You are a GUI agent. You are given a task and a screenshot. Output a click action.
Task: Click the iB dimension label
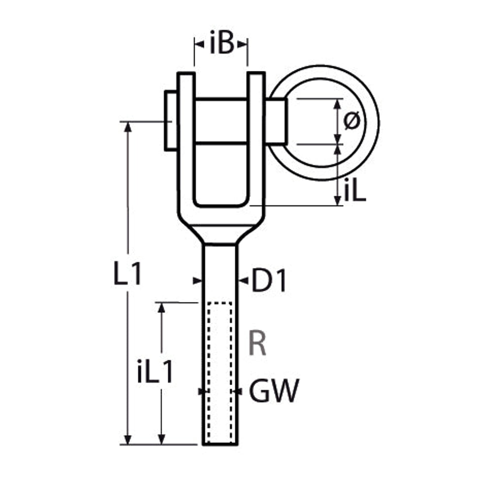[x=221, y=42]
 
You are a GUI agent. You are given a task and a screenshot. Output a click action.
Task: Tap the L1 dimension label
[x=128, y=274]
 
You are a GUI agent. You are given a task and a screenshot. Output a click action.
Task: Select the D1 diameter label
[x=269, y=281]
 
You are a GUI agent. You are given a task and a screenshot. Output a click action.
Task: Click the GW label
[x=274, y=390]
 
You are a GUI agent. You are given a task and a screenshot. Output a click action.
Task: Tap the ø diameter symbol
[x=352, y=120]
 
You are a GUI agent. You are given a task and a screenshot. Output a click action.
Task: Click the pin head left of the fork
[x=170, y=121]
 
